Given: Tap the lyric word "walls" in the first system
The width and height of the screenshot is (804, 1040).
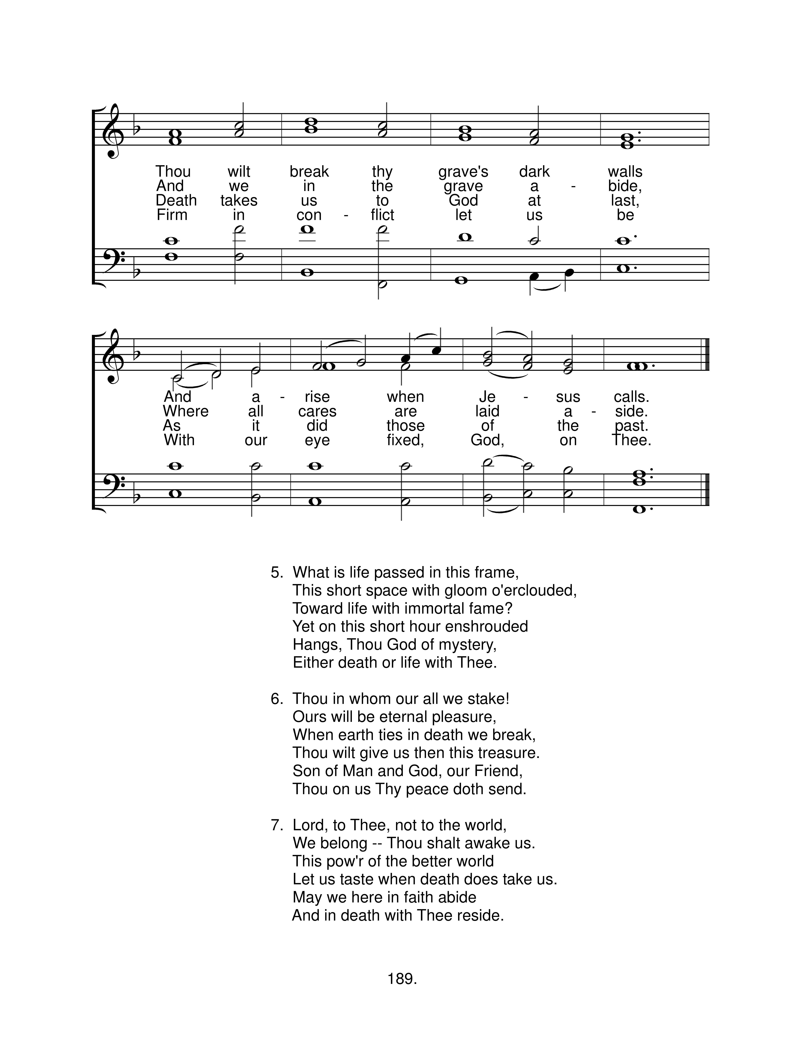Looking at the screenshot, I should (625, 171).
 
